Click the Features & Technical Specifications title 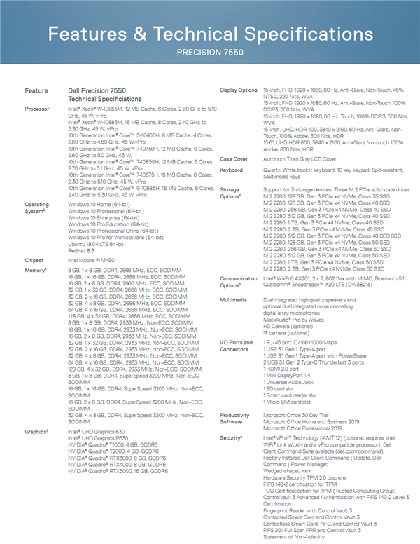coord(210,34)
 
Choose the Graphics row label coord(37,432)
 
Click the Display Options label coord(239,90)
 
